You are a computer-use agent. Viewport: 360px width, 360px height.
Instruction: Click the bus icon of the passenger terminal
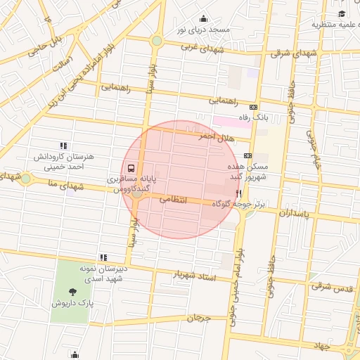pyautogui.click(x=131, y=169)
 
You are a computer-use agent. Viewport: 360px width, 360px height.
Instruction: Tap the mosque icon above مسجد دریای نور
pyautogui.click(x=204, y=18)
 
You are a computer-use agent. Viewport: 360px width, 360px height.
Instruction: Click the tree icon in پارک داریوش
pyautogui.click(x=73, y=290)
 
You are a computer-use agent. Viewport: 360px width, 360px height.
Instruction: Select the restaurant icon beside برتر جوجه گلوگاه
pyautogui.click(x=239, y=193)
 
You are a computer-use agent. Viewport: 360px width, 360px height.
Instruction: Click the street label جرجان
pyautogui.click(x=199, y=318)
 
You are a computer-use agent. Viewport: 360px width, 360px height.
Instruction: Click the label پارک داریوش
pyautogui.click(x=72, y=303)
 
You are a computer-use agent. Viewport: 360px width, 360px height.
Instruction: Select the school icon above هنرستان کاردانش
pyautogui.click(x=64, y=146)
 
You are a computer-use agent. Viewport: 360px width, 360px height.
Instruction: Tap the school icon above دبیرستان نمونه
pyautogui.click(x=104, y=257)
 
